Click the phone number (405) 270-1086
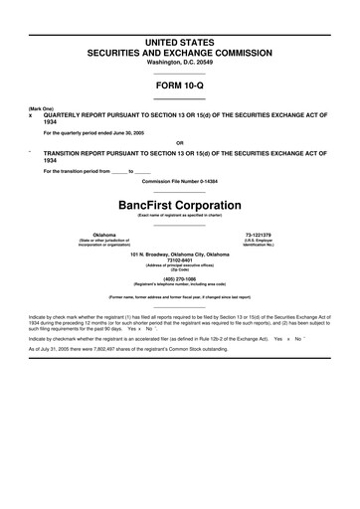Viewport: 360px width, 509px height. coord(180,279)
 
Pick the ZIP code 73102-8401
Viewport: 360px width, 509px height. coord(180,260)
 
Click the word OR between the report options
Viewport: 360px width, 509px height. coord(180,142)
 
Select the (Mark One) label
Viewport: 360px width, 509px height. coord(40,107)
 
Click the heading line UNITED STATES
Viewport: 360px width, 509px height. coord(180,36)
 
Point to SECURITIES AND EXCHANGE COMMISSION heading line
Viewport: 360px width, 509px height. coord(180,49)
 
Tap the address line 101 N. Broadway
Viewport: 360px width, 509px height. coord(180,254)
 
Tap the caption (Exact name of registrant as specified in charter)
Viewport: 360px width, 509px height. coord(180,215)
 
